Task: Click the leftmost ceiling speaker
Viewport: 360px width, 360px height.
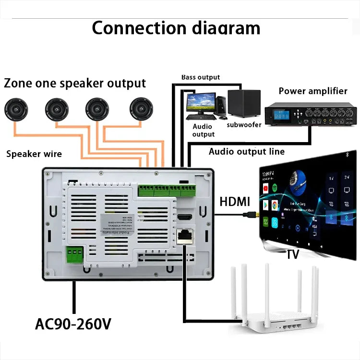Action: [18, 110]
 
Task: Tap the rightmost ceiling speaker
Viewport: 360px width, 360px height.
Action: [141, 110]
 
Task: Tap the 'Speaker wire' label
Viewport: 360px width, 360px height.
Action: [34, 154]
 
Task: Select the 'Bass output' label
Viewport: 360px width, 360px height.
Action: [200, 77]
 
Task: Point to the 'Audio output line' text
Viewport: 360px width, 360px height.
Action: [246, 152]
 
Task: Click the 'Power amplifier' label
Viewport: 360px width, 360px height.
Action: [312, 91]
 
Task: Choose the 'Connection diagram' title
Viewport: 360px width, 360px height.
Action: [176, 28]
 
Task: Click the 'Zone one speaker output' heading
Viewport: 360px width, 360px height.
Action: [74, 83]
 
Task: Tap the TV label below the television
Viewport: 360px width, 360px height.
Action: [293, 254]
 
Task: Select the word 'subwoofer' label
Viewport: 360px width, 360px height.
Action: [244, 125]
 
